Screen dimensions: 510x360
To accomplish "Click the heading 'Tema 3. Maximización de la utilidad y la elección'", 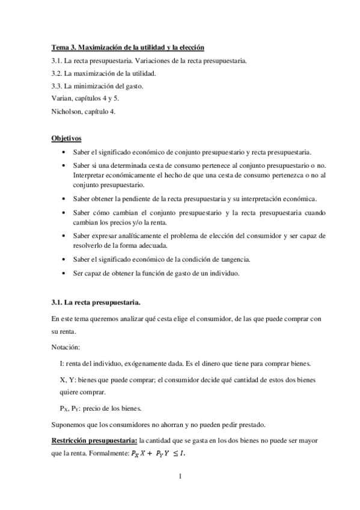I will click(128, 48).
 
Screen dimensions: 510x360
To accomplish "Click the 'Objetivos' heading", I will click(66, 138).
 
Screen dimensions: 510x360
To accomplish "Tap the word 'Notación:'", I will click(65, 346).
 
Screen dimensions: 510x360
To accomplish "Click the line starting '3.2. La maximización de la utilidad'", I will click(103, 73).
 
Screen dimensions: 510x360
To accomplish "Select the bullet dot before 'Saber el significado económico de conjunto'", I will click(65, 152).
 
